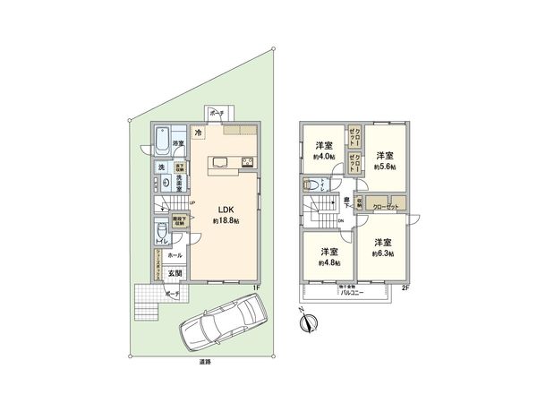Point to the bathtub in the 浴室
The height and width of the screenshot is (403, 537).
coord(165,142)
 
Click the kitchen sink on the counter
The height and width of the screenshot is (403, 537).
coord(220,162)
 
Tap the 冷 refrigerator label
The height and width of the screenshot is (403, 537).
coord(198,133)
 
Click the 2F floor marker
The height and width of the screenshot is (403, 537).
coord(405,287)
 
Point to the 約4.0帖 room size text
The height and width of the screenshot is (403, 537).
coord(323,157)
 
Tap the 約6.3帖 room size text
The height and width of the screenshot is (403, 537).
coord(384,253)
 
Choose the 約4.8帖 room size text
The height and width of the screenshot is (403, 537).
coord(328,262)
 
